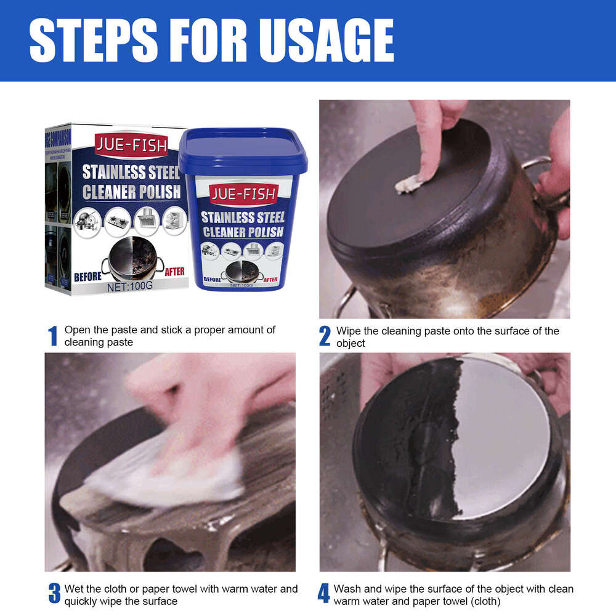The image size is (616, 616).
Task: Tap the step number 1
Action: pos(53,336)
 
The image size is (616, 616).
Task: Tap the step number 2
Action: pos(325,336)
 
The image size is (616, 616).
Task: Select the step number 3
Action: pos(54,594)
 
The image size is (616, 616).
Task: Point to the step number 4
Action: pos(324,594)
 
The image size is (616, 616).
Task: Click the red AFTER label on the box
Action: pos(174,272)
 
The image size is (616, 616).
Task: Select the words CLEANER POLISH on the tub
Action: pos(242,232)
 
